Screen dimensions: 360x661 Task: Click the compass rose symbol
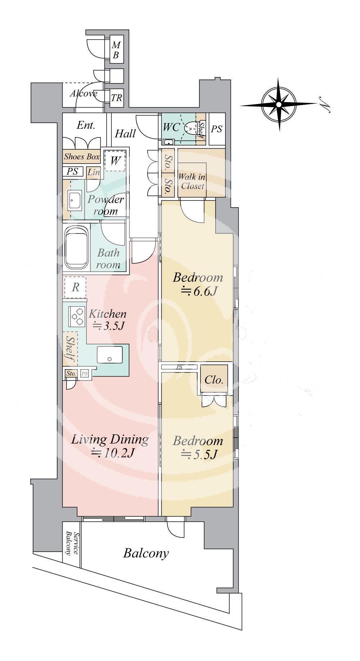[279, 104]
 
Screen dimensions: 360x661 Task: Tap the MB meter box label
[116, 50]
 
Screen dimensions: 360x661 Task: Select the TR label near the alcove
[116, 98]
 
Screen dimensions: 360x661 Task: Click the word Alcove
[84, 94]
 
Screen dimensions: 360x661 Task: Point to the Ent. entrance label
[86, 125]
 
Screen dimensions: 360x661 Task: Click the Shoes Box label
[82, 157]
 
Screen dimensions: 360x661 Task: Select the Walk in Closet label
[193, 181]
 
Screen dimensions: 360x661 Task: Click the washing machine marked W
[115, 160]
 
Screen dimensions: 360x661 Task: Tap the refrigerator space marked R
[75, 287]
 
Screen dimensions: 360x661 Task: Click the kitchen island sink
[109, 354]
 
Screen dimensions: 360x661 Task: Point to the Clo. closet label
[214, 380]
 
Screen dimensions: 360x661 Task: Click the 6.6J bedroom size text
[198, 290]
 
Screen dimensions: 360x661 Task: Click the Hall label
[125, 134]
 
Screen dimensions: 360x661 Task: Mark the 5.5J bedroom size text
[198, 454]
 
